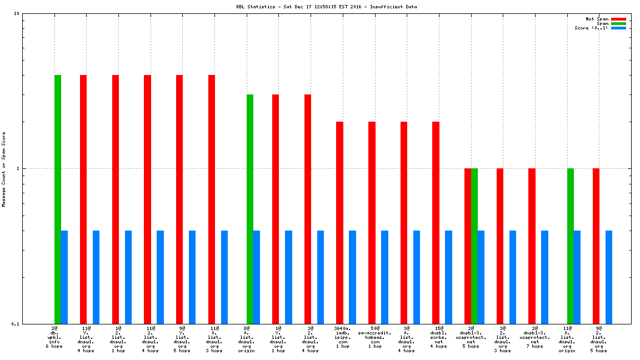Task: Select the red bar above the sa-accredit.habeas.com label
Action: (x=372, y=222)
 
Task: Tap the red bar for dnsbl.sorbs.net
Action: (x=436, y=222)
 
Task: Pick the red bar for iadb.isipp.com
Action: (x=339, y=222)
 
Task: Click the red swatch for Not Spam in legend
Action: (x=618, y=19)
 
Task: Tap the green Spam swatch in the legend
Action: (x=618, y=23)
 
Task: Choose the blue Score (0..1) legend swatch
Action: (x=618, y=28)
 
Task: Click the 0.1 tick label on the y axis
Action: (x=16, y=324)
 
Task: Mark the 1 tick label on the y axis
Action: (x=18, y=168)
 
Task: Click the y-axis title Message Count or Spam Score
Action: (x=4, y=169)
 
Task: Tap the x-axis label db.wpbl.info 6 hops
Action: (x=54, y=337)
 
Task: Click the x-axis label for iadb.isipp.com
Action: (x=343, y=337)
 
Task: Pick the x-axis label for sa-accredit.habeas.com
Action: (x=375, y=337)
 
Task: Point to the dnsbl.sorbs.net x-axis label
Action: (x=439, y=337)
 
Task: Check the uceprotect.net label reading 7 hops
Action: (x=535, y=337)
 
